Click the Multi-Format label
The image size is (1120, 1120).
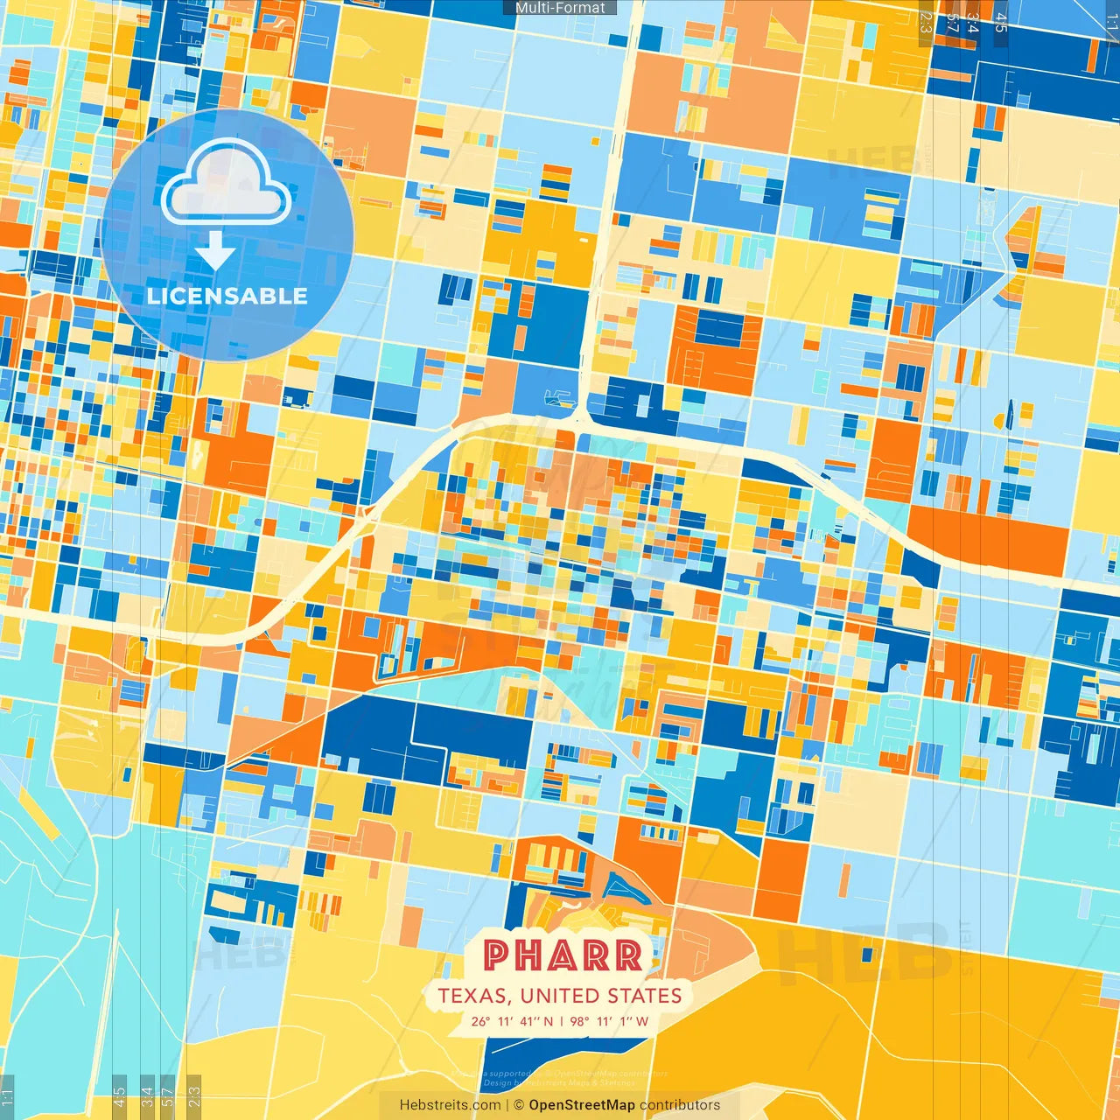[560, 8]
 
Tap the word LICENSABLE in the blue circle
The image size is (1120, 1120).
[227, 296]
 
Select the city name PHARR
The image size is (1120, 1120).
[563, 956]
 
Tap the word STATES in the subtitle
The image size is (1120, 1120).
[648, 996]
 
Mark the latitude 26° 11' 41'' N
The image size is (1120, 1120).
[512, 1021]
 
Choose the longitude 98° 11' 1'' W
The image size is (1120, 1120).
[610, 1021]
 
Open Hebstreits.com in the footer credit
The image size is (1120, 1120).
[450, 1105]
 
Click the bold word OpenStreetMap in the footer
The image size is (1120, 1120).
[582, 1105]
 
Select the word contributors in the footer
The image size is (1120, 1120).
[680, 1105]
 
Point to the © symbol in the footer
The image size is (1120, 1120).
[519, 1105]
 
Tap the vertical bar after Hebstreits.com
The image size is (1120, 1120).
[507, 1105]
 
